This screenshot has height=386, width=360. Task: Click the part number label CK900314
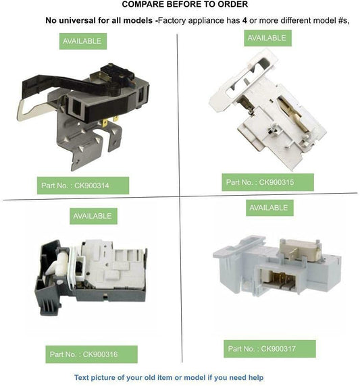point(83,186)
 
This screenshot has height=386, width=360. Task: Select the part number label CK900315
point(267,182)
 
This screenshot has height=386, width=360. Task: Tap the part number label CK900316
point(91,354)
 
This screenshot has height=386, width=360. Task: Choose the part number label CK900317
point(269,349)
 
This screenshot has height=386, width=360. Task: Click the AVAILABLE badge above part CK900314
point(83,41)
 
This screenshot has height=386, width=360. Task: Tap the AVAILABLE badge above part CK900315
point(267,38)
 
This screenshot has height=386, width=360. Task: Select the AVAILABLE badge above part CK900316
point(93,216)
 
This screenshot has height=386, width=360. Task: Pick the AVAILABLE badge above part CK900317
point(269,208)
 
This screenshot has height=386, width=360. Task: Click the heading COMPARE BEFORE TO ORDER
point(185,4)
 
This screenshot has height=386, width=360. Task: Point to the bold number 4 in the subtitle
point(245,20)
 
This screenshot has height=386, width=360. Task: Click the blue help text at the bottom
point(169,377)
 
